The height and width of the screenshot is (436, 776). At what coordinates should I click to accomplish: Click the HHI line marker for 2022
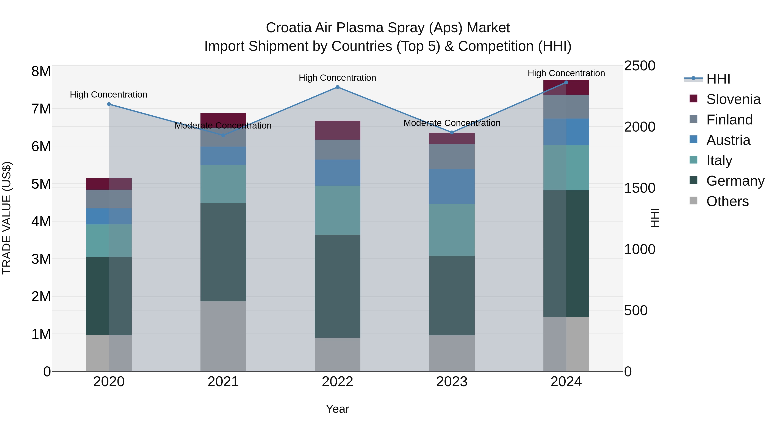(x=337, y=87)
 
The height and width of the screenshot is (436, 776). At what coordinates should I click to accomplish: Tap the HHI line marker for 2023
(x=452, y=132)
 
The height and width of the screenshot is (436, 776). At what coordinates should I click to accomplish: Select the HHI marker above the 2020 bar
(x=109, y=104)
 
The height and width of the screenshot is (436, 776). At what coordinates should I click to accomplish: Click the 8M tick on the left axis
(x=41, y=72)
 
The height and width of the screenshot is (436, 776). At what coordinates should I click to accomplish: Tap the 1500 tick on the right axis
(x=639, y=188)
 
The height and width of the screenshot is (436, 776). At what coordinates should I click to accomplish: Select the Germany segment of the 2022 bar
(x=337, y=286)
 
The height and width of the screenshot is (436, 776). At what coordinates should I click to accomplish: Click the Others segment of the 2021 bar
(x=223, y=336)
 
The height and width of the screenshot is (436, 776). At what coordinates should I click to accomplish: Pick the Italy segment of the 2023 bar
(x=452, y=230)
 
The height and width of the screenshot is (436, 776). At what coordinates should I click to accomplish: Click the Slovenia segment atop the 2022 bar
(x=337, y=130)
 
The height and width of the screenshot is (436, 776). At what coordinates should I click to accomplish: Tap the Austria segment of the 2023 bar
(x=452, y=186)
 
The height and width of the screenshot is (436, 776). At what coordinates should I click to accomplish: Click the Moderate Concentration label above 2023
(x=452, y=123)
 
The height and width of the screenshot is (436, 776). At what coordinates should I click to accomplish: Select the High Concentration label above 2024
(x=566, y=73)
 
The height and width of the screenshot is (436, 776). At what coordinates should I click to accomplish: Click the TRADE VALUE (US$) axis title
(x=7, y=218)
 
